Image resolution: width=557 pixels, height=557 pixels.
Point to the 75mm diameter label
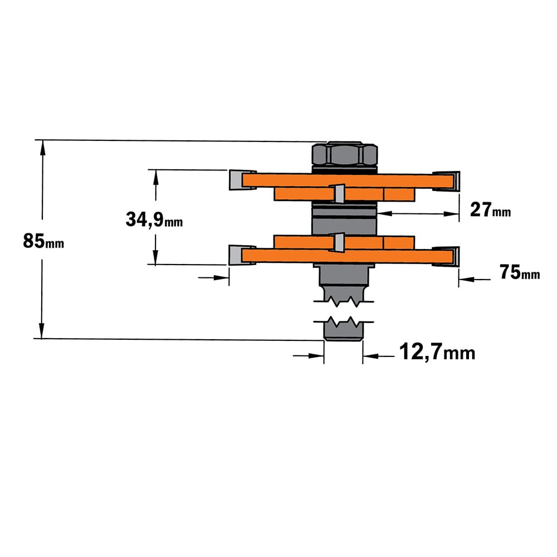[520, 272]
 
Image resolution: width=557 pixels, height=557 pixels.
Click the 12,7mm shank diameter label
[437, 352]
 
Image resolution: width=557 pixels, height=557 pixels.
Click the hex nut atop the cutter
[345, 154]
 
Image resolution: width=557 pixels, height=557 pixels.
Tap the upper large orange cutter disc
[348, 180]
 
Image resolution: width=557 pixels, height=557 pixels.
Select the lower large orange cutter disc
[348, 256]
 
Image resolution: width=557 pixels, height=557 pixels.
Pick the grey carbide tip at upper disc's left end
[236, 180]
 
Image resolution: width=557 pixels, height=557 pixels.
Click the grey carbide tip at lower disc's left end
[235, 255]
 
